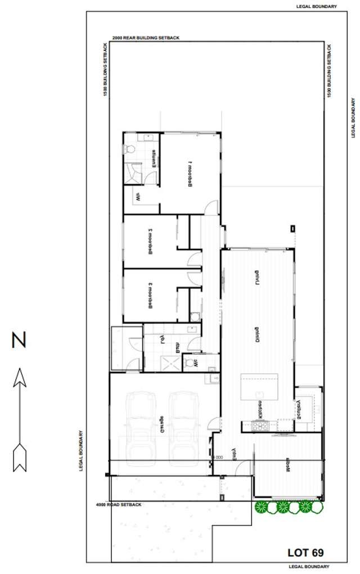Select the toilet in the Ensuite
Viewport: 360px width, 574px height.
coord(130,150)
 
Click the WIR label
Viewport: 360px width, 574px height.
coord(137,197)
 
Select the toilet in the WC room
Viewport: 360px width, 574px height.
coord(195,317)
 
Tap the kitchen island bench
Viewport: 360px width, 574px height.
coord(259,386)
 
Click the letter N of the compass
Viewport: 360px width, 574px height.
coord(20,341)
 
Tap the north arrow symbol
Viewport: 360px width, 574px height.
coord(20,419)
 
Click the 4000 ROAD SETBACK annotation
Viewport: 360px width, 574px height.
coord(118,505)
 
